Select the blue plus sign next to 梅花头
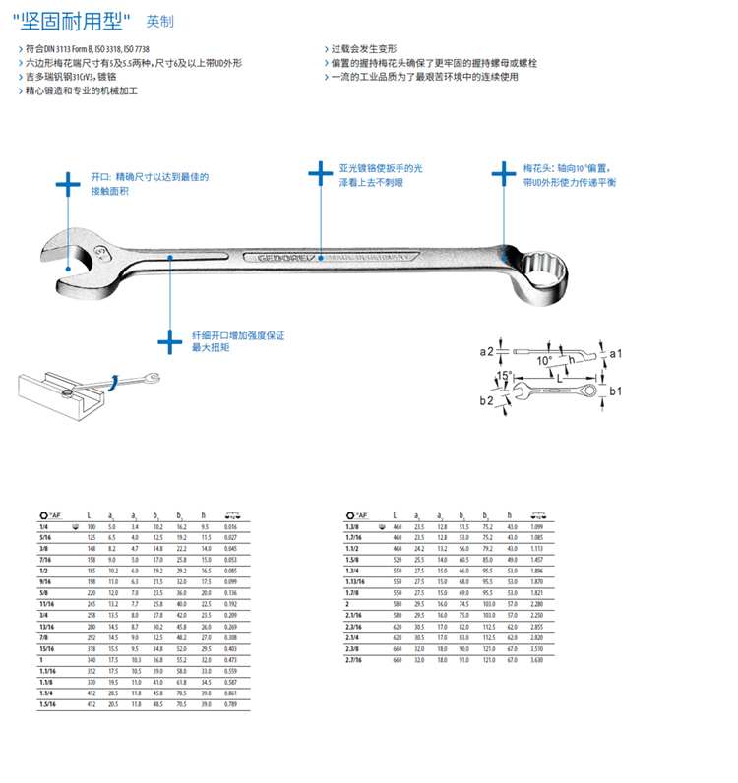pyautogui.click(x=503, y=174)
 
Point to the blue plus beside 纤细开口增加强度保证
pyautogui.click(x=170, y=341)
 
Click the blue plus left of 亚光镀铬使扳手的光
pyautogui.click(x=320, y=173)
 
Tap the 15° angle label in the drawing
pyautogui.click(x=504, y=376)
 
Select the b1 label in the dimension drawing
pyautogui.click(x=615, y=391)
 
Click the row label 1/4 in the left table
pyautogui.click(x=44, y=529)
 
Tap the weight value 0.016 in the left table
pyautogui.click(x=229, y=529)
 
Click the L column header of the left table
pyautogui.click(x=90, y=515)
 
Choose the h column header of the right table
pyautogui.click(x=510, y=515)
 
